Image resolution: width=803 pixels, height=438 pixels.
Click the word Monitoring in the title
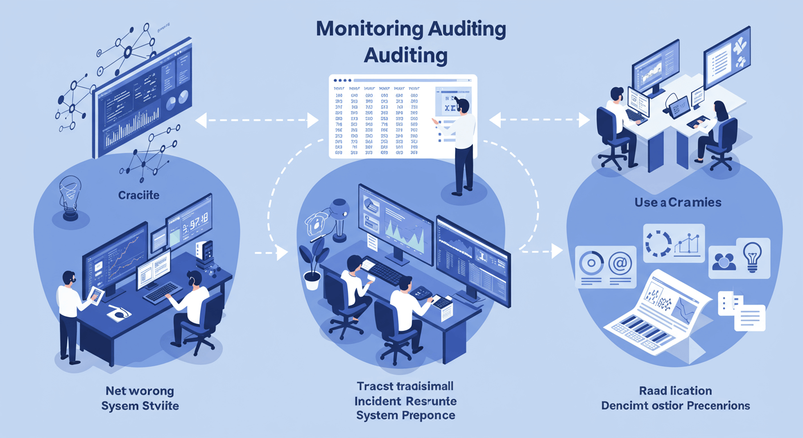(x=363, y=30)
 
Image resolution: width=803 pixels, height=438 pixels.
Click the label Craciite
(x=139, y=195)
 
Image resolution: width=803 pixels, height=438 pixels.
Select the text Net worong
(x=139, y=391)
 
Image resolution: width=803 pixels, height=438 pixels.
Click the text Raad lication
(x=675, y=391)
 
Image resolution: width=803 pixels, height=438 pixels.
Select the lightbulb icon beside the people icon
(x=752, y=255)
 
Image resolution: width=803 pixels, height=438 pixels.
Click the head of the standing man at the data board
(x=463, y=106)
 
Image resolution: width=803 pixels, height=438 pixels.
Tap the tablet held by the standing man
(x=96, y=295)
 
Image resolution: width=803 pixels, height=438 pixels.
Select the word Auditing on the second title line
(x=405, y=55)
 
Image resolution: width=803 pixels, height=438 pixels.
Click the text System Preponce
(x=405, y=415)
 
